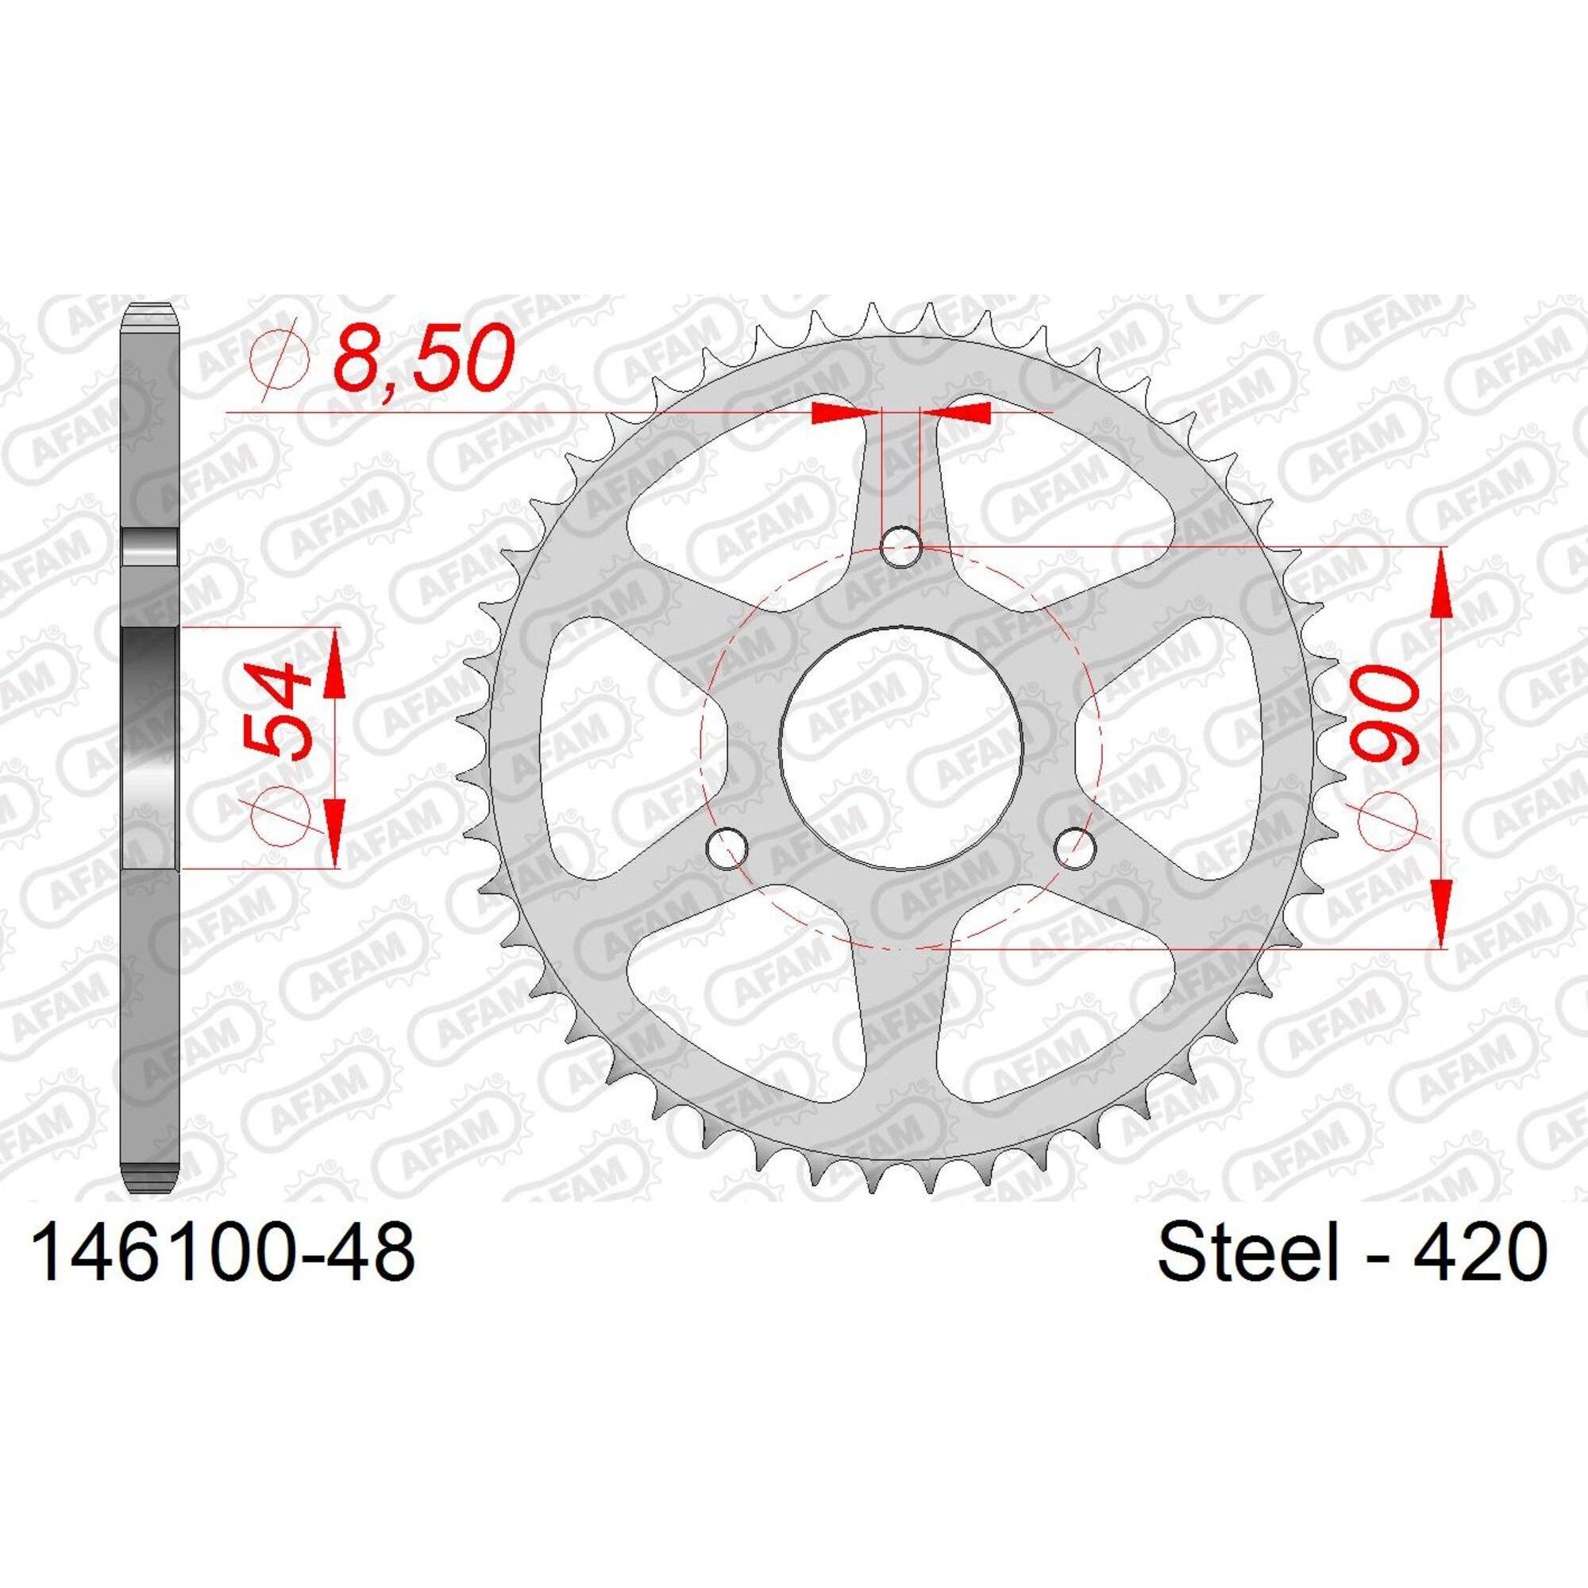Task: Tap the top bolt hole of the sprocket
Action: tap(901, 546)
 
